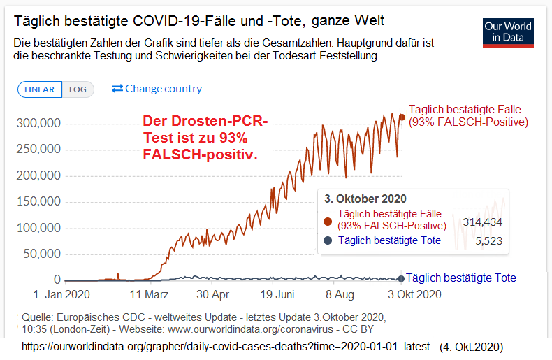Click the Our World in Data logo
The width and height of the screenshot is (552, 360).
click(x=508, y=33)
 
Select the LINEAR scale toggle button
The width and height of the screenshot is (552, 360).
click(x=40, y=89)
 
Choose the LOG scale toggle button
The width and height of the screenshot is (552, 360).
click(x=78, y=89)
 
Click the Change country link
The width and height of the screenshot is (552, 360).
click(x=157, y=89)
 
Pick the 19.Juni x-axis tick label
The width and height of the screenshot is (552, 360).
click(x=277, y=295)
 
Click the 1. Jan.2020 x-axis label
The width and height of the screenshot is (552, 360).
click(x=64, y=295)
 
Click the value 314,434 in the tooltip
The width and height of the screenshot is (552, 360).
click(x=483, y=222)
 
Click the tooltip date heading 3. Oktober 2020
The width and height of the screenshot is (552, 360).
click(x=365, y=199)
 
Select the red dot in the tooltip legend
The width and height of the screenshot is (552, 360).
click(x=328, y=222)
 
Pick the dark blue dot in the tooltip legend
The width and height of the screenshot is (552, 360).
click(x=328, y=240)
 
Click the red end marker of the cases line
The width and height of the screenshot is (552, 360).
click(x=401, y=117)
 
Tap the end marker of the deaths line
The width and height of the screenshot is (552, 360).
click(x=400, y=278)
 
